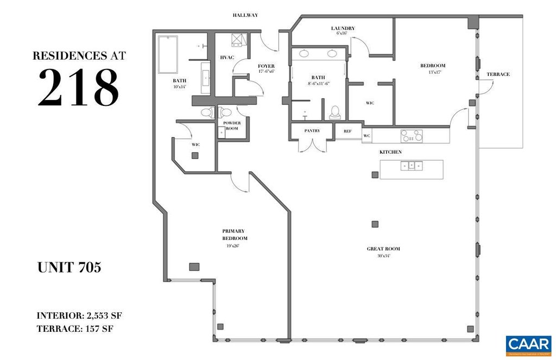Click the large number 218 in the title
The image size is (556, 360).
click(78, 87)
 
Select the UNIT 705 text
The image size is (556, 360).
click(69, 268)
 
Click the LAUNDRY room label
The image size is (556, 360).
click(343, 28)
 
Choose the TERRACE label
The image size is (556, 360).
click(498, 74)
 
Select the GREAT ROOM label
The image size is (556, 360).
click(383, 249)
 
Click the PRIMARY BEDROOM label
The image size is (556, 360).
click(235, 235)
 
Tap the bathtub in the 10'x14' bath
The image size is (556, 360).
click(168, 54)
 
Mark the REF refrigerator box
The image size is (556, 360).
click(347, 131)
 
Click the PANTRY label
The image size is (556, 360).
click(312, 131)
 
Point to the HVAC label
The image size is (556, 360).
click(226, 57)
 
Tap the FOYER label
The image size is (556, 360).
click(266, 66)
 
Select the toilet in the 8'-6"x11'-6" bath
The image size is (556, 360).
click(335, 112)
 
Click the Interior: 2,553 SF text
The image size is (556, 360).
click(83, 315)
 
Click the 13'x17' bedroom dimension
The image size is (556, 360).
click(432, 72)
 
